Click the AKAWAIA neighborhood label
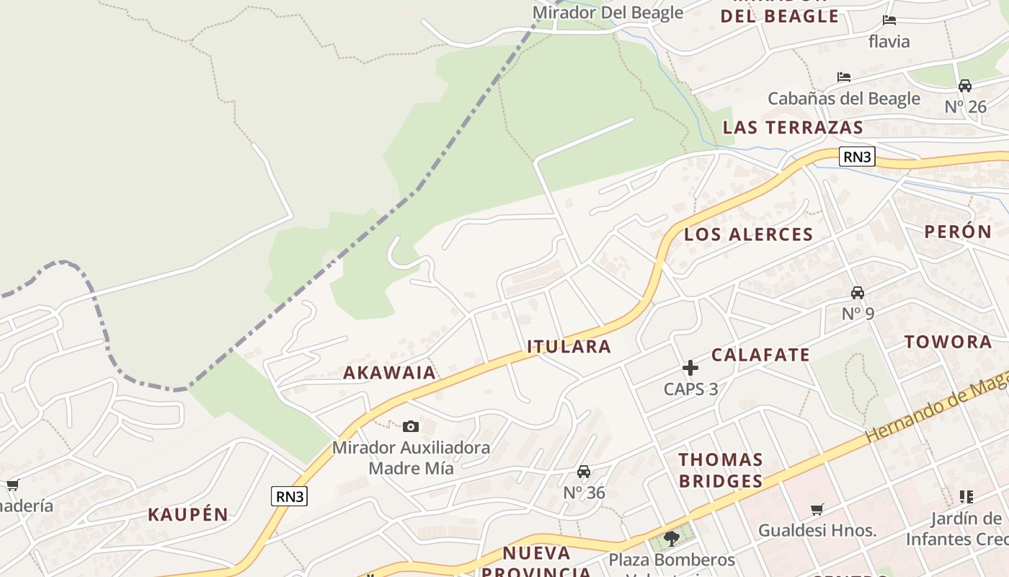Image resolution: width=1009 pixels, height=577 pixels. tap(389, 373)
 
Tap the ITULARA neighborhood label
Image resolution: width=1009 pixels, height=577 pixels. tap(569, 347)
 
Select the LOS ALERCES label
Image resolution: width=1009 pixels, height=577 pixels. tap(748, 234)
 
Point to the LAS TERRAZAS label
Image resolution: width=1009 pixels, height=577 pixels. tap(793, 128)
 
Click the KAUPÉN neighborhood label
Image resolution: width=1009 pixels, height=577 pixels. tap(188, 515)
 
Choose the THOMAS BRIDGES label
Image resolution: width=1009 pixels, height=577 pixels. tap(721, 470)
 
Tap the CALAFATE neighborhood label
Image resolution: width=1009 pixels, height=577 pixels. tap(760, 355)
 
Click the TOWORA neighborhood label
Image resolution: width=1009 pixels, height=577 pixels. tap(948, 342)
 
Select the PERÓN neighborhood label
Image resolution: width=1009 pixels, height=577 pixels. tap(958, 232)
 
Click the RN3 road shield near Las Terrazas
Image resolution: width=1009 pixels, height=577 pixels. tap(857, 157)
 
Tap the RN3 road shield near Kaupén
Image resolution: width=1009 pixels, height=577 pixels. tap(290, 496)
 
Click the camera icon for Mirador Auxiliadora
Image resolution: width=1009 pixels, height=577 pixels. tap(411, 427)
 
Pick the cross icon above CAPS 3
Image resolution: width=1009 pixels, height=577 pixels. tap(690, 368)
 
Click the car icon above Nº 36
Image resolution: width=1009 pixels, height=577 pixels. tap(584, 472)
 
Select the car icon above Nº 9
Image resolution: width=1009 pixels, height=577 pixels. tap(858, 293)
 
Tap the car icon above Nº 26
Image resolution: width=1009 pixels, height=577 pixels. tap(965, 86)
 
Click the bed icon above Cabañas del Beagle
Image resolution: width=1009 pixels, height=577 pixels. tap(844, 77)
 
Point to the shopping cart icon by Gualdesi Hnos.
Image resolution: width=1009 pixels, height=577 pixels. tap(817, 510)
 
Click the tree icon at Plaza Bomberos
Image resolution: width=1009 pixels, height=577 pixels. tap(672, 538)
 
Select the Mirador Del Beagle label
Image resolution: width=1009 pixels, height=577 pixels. tap(608, 12)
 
